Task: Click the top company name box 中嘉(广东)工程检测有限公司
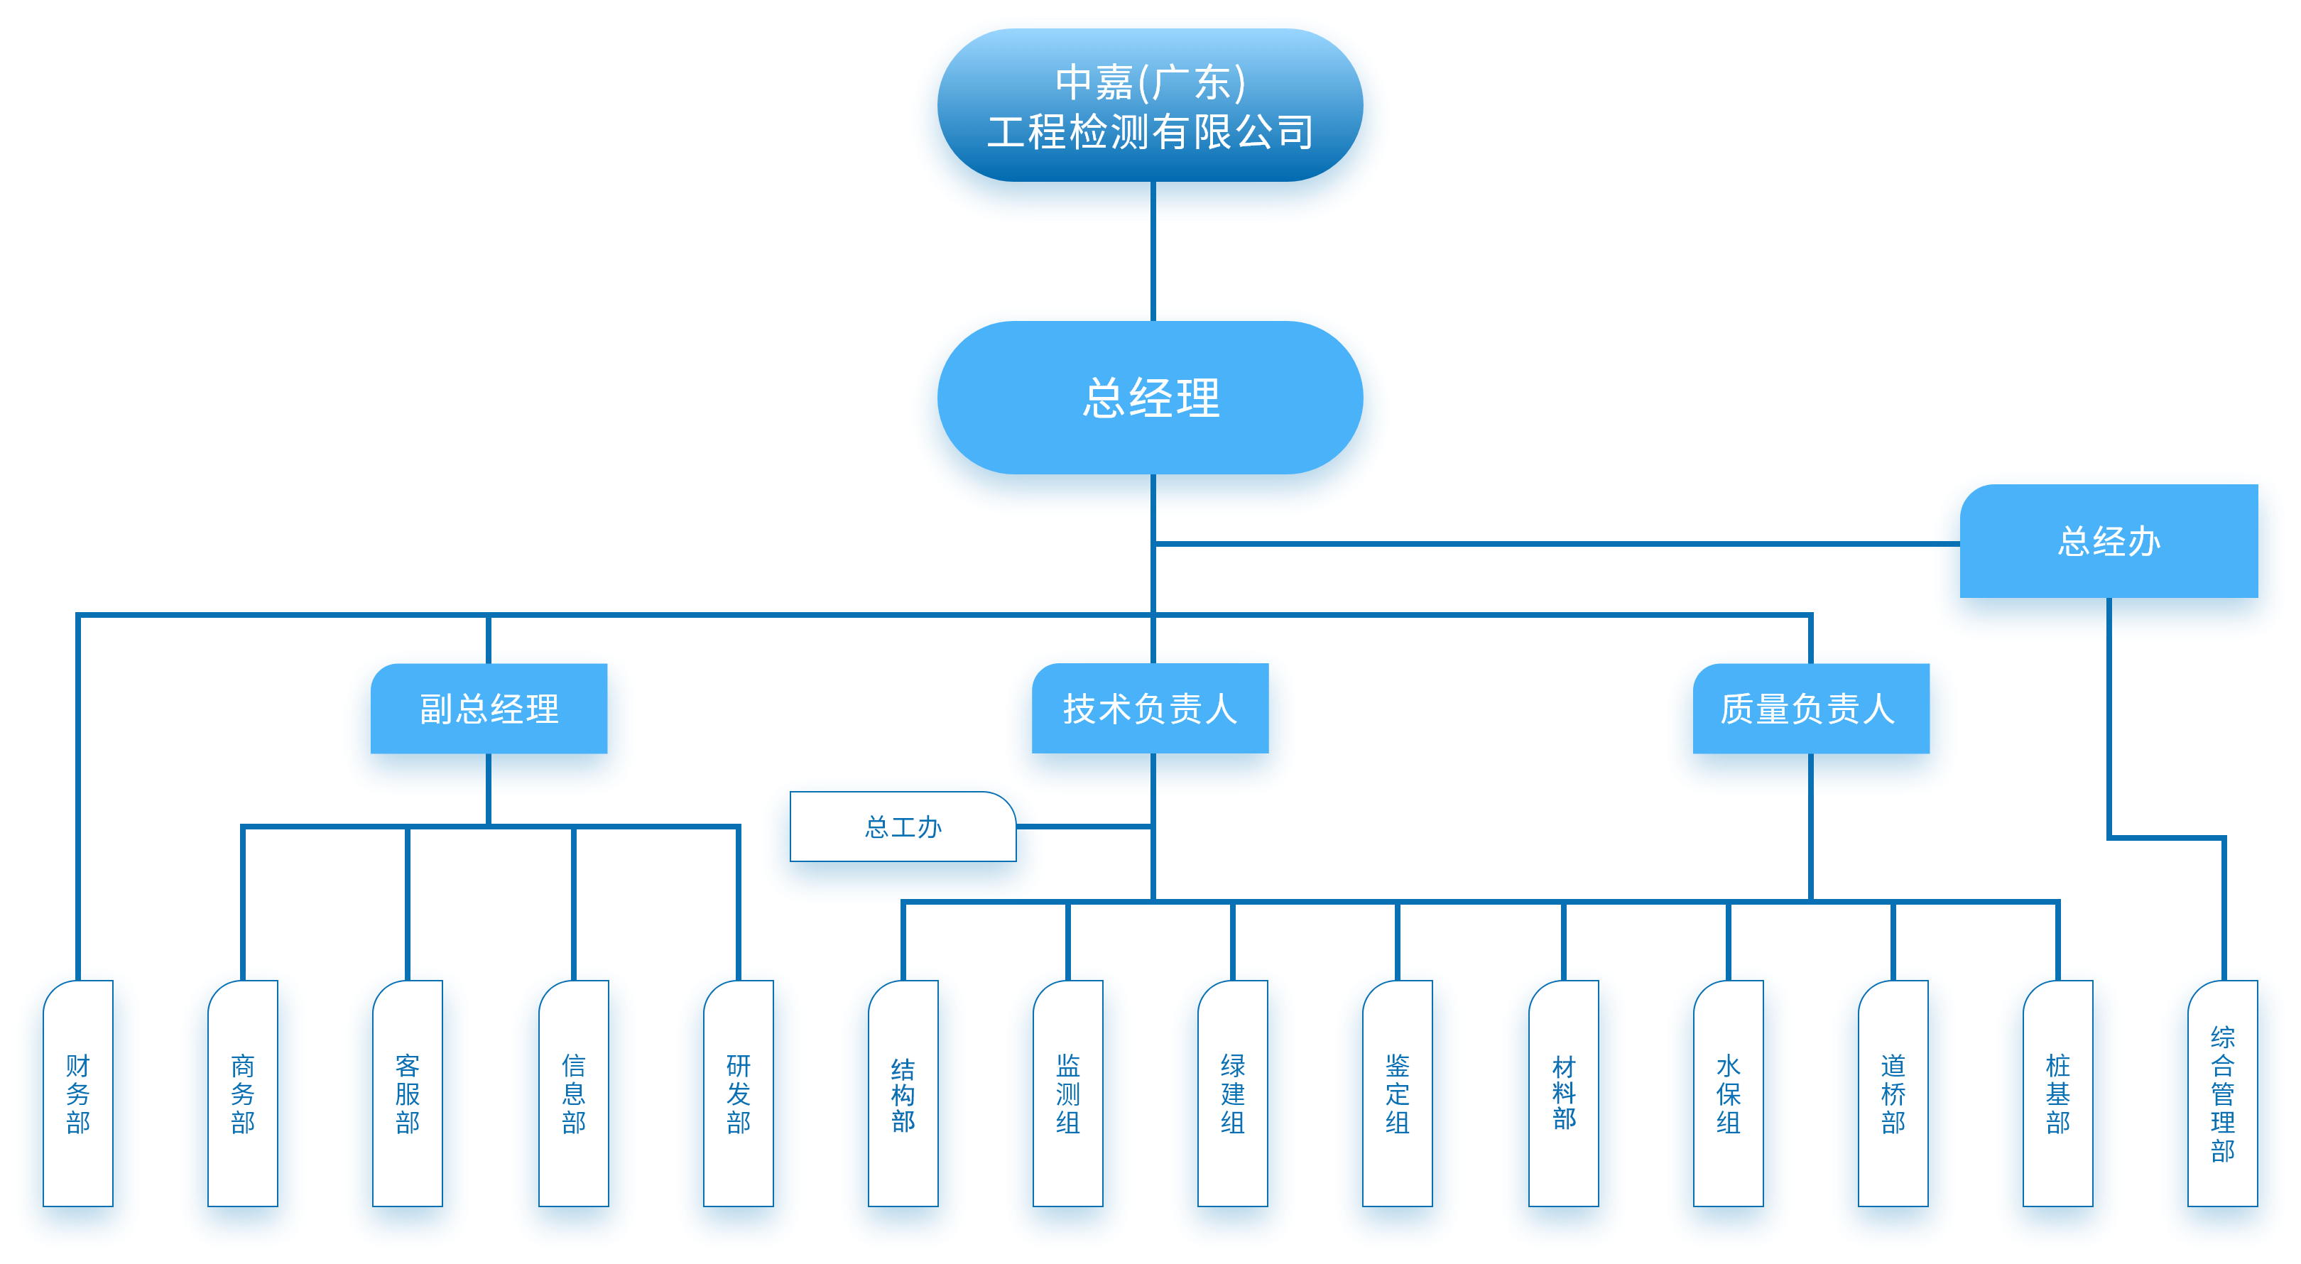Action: [1150, 105]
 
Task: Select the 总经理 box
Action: [1150, 398]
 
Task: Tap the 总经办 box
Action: [2108, 541]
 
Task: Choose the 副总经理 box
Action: [489, 709]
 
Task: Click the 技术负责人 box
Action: [1150, 709]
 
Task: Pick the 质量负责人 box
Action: [1810, 709]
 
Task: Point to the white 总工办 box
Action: [902, 827]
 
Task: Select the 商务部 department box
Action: [243, 1094]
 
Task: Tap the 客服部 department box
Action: [408, 1094]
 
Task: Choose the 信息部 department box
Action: [573, 1094]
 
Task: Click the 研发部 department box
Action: [738, 1094]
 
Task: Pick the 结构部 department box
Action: [903, 1094]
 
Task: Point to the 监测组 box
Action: [1067, 1094]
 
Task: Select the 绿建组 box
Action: [1233, 1094]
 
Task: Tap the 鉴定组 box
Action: [1397, 1094]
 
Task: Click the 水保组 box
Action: [1729, 1094]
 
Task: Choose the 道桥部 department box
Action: [1893, 1094]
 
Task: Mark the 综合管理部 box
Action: [2222, 1094]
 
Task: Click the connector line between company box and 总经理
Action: [1153, 251]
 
